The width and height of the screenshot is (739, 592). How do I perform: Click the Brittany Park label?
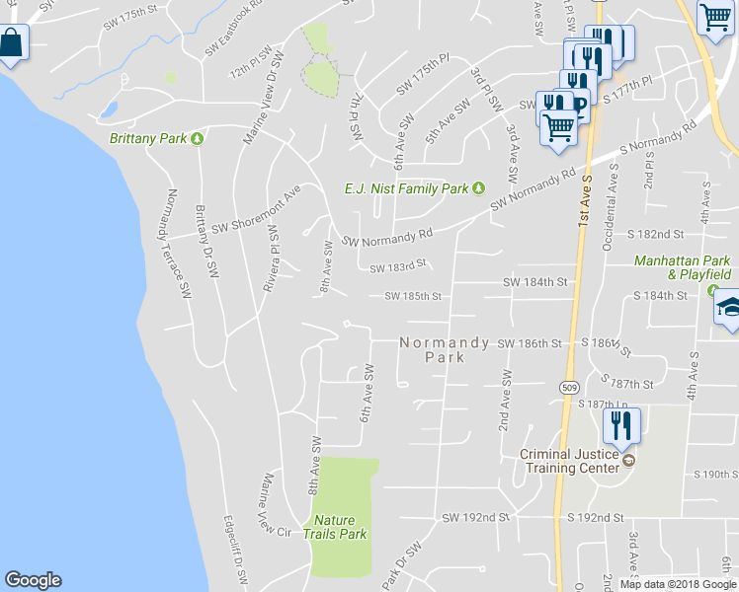(x=148, y=138)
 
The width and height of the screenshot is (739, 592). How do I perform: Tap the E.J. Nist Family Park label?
(x=406, y=187)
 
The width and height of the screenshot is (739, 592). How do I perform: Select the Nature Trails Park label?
(x=340, y=527)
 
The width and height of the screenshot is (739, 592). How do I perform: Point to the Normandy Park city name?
(x=445, y=349)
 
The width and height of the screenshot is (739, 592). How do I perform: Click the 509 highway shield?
(x=570, y=376)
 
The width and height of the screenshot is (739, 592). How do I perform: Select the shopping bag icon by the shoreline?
(x=12, y=43)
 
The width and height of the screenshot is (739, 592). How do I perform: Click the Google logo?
(x=33, y=580)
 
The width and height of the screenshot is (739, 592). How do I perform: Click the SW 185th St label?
(x=412, y=296)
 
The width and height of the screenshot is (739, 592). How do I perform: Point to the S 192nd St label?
(x=595, y=517)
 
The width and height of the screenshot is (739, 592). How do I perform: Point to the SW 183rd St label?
(x=397, y=266)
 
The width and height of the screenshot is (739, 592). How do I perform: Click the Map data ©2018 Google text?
(x=678, y=584)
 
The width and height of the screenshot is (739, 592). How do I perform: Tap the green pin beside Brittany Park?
(x=197, y=138)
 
